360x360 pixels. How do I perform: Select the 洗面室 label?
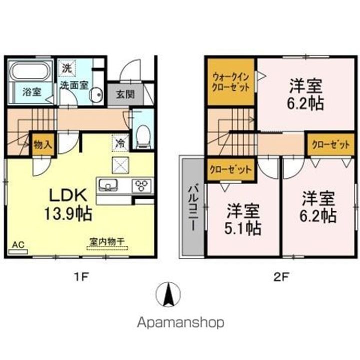pos(73,85)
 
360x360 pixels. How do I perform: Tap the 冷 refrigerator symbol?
pos(120,142)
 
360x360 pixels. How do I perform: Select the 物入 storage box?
pos(42,145)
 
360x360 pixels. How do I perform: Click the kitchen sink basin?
pos(107,186)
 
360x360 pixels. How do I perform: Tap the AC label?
pos(18,244)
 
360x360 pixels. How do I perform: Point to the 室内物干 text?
pos(107,242)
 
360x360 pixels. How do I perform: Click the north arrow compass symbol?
pos(167,294)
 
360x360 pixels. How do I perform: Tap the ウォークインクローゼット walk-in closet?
pos(231,81)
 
